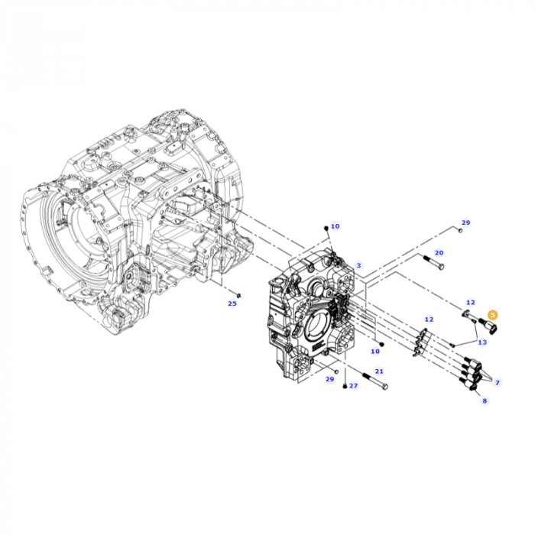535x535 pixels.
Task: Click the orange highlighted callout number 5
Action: [492, 315]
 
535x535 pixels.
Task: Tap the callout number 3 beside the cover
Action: [358, 265]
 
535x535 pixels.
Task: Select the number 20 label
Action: [439, 253]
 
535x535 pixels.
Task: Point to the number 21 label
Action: [379, 371]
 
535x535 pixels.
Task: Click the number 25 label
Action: [232, 303]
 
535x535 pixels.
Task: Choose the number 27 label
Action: [353, 385]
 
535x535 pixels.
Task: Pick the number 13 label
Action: [482, 342]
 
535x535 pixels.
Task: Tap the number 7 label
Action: [498, 383]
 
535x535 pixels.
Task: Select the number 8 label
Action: [485, 400]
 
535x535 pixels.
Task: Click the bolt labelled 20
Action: [433, 262]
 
